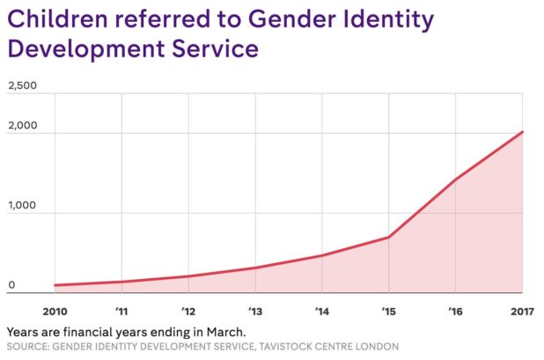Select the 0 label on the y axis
click(x=11, y=284)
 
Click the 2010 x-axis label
click(x=55, y=311)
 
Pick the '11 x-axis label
click(x=121, y=311)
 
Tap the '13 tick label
click(x=255, y=311)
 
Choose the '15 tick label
click(x=388, y=311)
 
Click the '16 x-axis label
click(x=455, y=311)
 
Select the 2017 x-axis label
click(x=521, y=311)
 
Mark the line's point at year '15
click(x=388, y=237)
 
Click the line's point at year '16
click(x=455, y=179)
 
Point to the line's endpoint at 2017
click(x=522, y=132)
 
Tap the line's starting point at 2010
click(x=55, y=285)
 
